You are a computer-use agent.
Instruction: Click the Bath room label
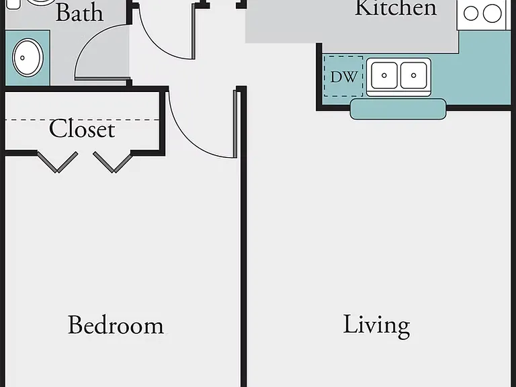79,13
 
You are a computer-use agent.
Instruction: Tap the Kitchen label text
396,7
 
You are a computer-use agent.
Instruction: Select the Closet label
82,128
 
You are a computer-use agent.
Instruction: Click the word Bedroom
116,325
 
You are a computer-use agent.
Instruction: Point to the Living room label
376,326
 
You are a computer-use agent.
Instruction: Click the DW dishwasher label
343,77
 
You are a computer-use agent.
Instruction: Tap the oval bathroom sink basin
28,58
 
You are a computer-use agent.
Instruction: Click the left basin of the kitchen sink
384,75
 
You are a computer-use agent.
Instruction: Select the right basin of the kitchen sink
414,75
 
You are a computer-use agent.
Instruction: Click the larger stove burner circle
492,13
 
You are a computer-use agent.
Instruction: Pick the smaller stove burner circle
470,14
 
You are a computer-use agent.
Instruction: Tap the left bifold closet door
58,162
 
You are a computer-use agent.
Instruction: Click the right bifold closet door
113,162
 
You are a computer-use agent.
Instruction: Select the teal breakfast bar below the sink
398,109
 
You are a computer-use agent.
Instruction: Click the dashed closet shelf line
82,120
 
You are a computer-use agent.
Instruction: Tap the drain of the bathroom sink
22,58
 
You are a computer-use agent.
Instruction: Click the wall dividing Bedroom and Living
243,237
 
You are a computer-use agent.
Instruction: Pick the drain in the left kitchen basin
384,75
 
